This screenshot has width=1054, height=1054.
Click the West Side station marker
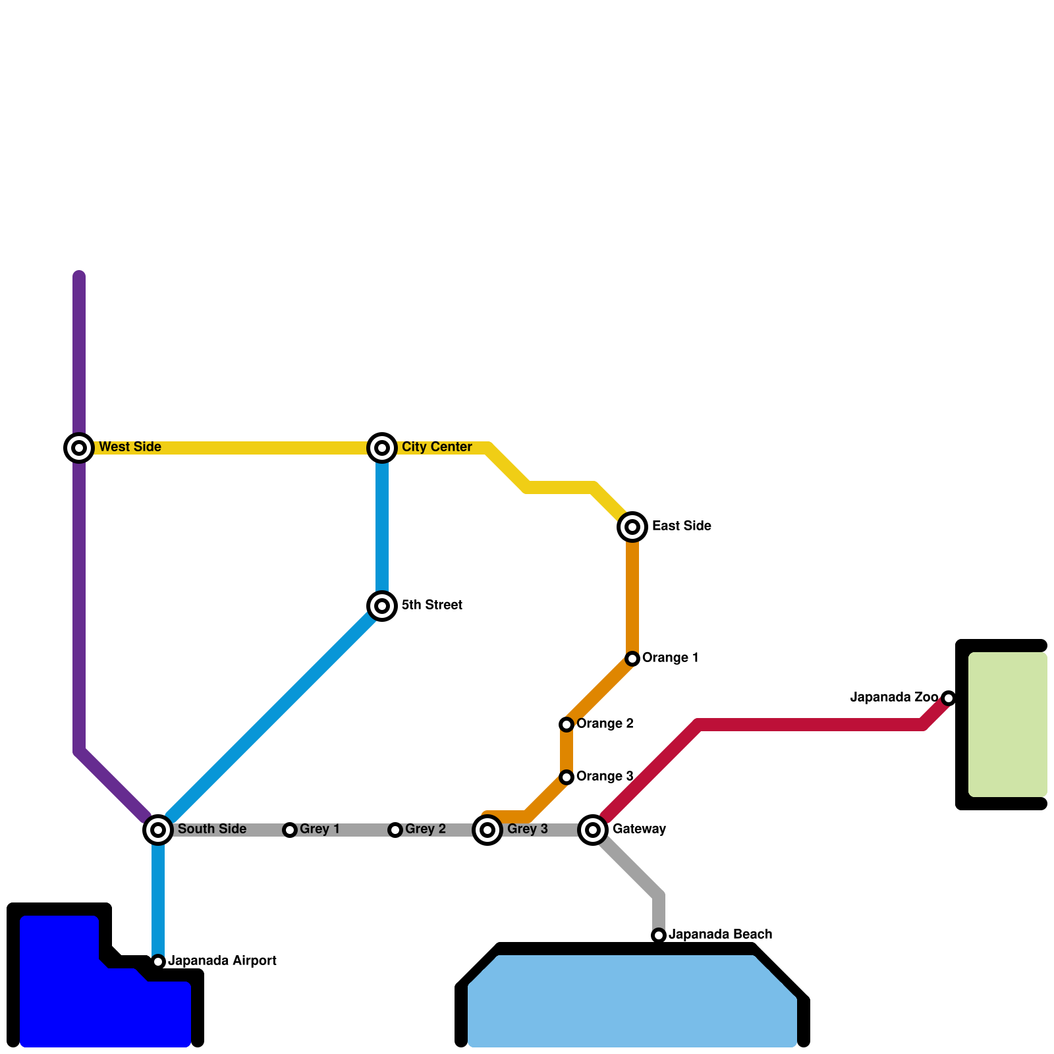click(x=79, y=448)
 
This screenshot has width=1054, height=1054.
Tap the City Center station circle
click(x=382, y=448)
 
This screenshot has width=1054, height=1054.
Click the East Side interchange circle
click(x=632, y=527)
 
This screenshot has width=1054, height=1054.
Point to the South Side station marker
click(x=158, y=830)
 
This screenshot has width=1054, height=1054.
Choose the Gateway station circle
click(x=593, y=830)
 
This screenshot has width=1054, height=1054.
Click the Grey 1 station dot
click(x=290, y=830)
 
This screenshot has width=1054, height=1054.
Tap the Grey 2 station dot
click(x=395, y=830)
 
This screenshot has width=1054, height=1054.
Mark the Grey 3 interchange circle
click(x=487, y=830)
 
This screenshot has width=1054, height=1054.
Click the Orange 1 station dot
click(x=632, y=659)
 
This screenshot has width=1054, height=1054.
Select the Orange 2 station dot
click(x=567, y=725)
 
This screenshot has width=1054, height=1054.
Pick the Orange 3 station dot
click(x=567, y=777)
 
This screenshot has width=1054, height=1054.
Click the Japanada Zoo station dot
click(x=949, y=698)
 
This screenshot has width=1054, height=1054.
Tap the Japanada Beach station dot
click(x=659, y=935)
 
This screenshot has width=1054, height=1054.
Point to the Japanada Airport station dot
click(x=158, y=962)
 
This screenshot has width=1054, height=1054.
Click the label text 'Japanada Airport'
click(x=222, y=961)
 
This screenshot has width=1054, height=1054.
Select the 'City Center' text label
click(x=437, y=447)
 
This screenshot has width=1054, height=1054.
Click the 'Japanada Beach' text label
click(x=720, y=935)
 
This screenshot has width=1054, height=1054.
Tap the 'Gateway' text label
click(x=639, y=829)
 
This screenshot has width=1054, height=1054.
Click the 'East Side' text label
click(x=681, y=526)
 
